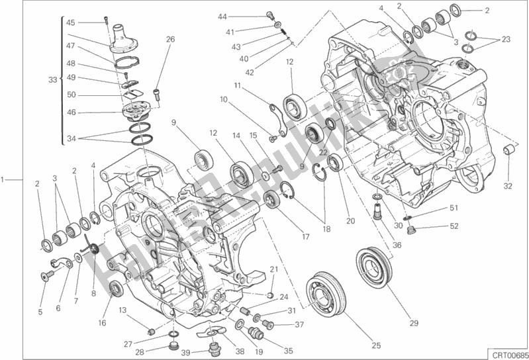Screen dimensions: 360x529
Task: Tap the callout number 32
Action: pos(508,186)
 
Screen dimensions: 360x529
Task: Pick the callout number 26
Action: pos(170,39)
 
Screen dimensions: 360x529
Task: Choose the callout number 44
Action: pos(222,16)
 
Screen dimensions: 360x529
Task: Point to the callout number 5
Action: pos(40,312)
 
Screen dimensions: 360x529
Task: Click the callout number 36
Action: pos(397,246)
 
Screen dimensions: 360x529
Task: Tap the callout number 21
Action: pos(273,269)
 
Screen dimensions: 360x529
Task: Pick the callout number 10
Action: pos(223,99)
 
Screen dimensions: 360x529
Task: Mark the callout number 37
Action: pos(299,324)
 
